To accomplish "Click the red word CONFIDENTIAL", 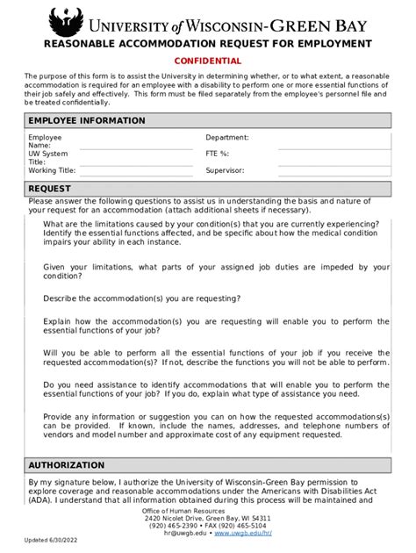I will (x=208, y=61).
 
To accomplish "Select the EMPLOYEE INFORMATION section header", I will (x=87, y=120).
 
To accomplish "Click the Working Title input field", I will (x=137, y=170).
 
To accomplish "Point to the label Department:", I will (x=227, y=138).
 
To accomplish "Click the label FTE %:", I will (x=219, y=154).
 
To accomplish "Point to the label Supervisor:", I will (x=225, y=170).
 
